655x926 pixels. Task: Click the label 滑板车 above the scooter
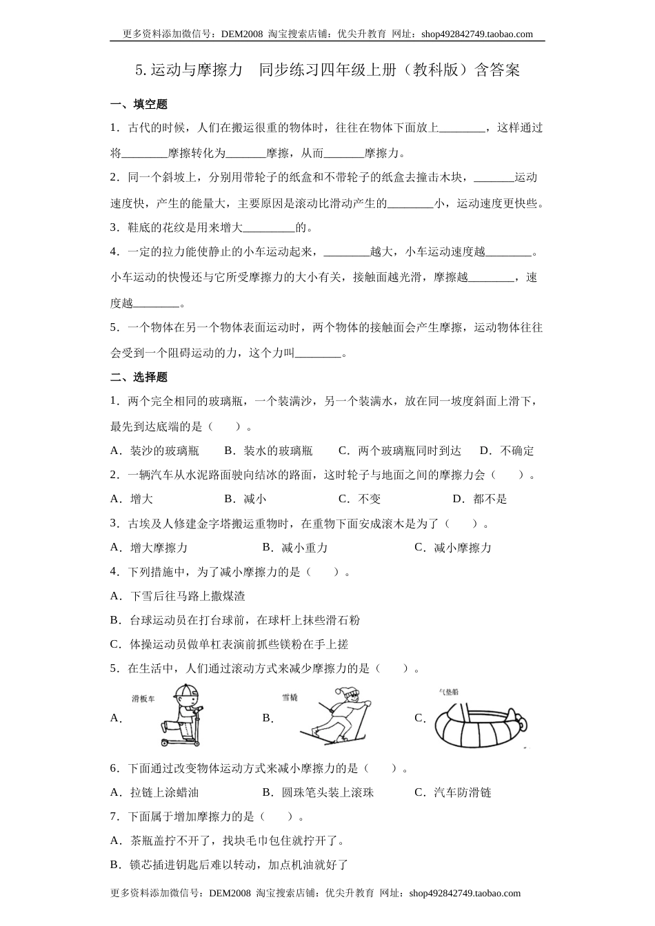click(143, 698)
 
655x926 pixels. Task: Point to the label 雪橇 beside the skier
click(290, 697)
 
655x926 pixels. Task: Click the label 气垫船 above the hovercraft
click(449, 691)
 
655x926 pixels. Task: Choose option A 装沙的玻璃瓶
click(164, 451)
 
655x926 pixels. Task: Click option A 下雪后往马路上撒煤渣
click(187, 596)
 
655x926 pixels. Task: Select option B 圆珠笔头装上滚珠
click(327, 792)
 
